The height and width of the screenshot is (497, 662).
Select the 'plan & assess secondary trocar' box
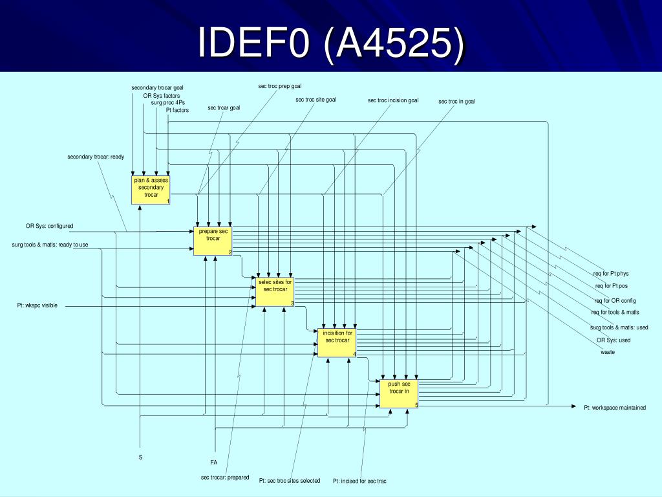click(151, 189)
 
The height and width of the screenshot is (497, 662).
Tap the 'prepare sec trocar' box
click(213, 240)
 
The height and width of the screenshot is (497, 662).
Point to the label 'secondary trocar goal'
click(157, 87)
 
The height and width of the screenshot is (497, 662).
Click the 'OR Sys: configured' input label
click(49, 226)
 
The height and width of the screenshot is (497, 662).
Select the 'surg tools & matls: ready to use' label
click(50, 245)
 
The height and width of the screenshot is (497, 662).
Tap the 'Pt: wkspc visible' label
click(37, 305)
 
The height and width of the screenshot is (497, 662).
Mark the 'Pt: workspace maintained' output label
click(614, 408)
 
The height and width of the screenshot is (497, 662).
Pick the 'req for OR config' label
click(615, 301)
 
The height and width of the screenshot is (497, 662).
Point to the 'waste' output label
click(607, 352)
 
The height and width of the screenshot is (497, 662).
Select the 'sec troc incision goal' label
click(393, 100)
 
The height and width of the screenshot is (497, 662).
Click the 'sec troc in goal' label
click(456, 101)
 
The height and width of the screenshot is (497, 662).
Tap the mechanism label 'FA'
click(213, 462)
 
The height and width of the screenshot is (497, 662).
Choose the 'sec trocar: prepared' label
click(224, 478)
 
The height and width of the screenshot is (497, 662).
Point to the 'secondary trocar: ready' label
click(96, 157)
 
